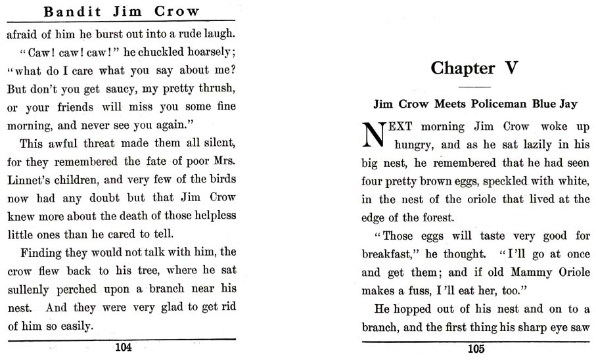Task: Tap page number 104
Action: tap(123, 348)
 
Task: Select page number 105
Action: tap(476, 349)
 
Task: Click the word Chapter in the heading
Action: tap(462, 68)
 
